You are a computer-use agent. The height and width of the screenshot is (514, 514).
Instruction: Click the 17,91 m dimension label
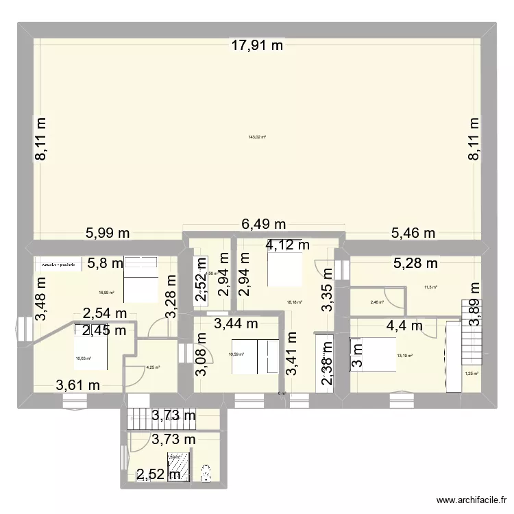click(x=256, y=47)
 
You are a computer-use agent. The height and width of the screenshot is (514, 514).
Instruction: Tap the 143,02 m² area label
click(x=256, y=137)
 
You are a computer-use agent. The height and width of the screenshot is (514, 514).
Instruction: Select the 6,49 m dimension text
click(x=264, y=224)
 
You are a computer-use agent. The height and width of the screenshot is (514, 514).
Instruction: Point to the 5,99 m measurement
click(x=108, y=233)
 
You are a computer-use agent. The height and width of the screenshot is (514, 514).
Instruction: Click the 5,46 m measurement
click(x=413, y=233)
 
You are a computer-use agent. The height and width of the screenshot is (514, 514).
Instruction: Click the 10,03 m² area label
click(x=82, y=356)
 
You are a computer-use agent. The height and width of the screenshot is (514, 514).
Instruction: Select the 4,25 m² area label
click(x=152, y=367)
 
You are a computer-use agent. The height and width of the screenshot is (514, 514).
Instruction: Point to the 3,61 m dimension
click(x=78, y=385)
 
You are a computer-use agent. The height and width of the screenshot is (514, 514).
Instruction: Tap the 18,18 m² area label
click(x=295, y=302)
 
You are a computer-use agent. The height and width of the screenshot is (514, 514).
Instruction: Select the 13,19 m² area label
click(x=404, y=356)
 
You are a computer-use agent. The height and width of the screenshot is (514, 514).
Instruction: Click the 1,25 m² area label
click(x=472, y=374)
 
